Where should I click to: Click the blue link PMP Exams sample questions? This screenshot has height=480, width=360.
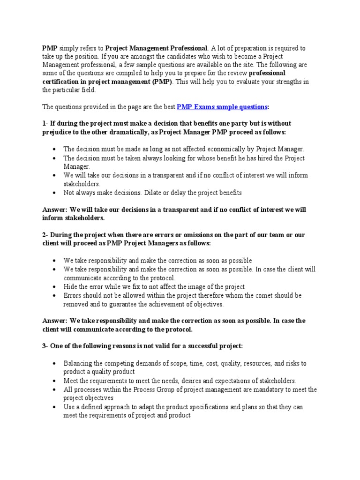click(x=222, y=107)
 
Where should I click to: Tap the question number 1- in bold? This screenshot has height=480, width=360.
click(x=45, y=123)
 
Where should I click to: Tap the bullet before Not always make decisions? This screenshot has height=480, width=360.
click(x=55, y=193)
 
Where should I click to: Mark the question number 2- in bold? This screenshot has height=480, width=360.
click(x=45, y=235)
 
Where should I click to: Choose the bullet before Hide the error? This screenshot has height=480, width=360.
click(x=55, y=286)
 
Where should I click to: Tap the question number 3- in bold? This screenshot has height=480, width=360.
click(x=45, y=346)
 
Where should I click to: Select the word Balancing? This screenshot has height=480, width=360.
click(x=78, y=363)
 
